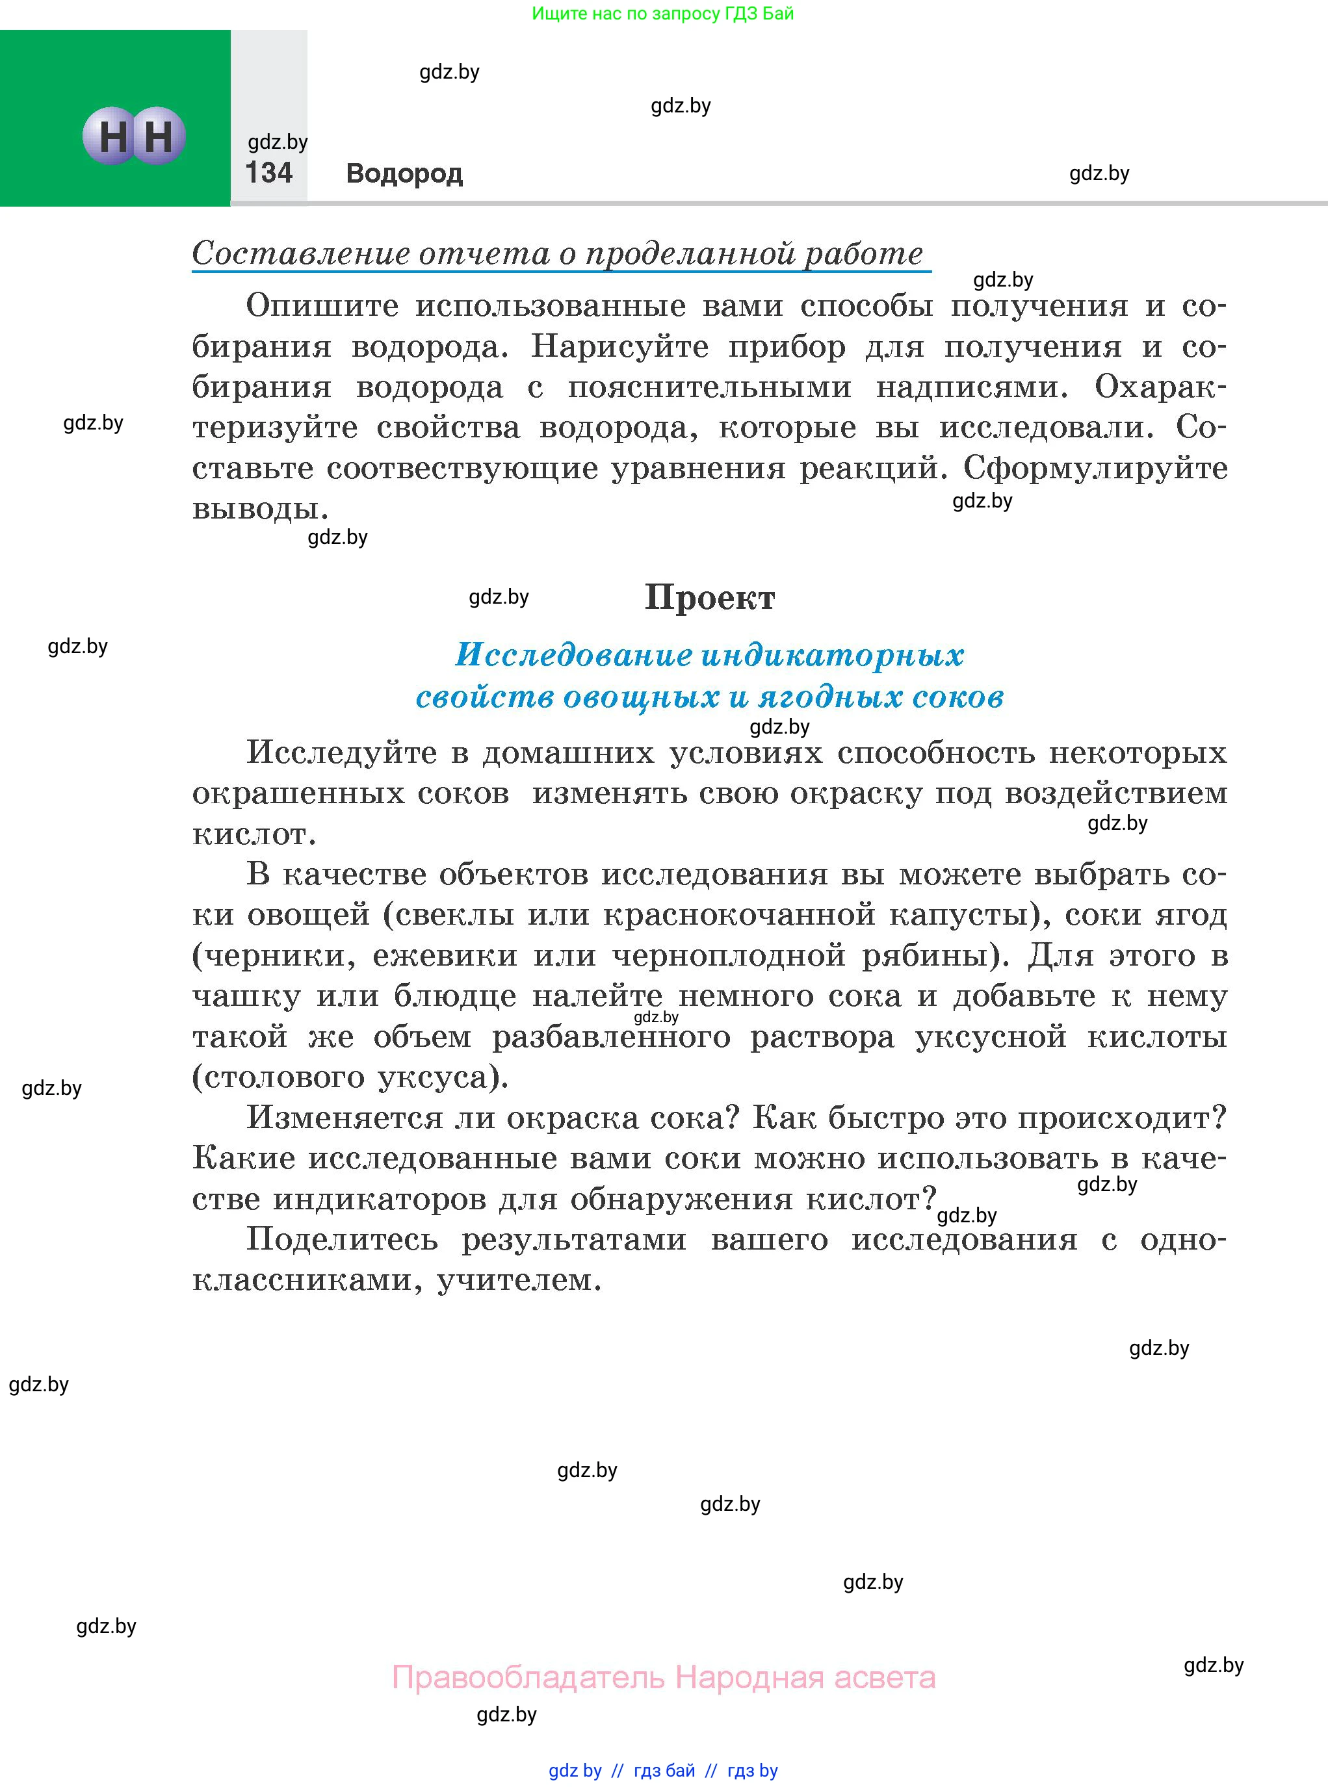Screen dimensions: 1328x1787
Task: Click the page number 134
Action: point(268,173)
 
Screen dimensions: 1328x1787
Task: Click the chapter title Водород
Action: point(404,174)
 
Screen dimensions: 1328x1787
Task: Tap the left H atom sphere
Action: point(112,136)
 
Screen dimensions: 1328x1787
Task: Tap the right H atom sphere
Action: point(159,136)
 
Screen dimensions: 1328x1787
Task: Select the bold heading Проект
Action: point(709,598)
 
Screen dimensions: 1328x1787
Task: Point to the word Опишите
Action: point(322,306)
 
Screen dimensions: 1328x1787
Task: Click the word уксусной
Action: point(991,1037)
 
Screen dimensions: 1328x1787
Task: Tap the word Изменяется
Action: point(344,1118)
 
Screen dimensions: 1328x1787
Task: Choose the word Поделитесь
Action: point(342,1240)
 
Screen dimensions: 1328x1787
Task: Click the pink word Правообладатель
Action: point(528,1678)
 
